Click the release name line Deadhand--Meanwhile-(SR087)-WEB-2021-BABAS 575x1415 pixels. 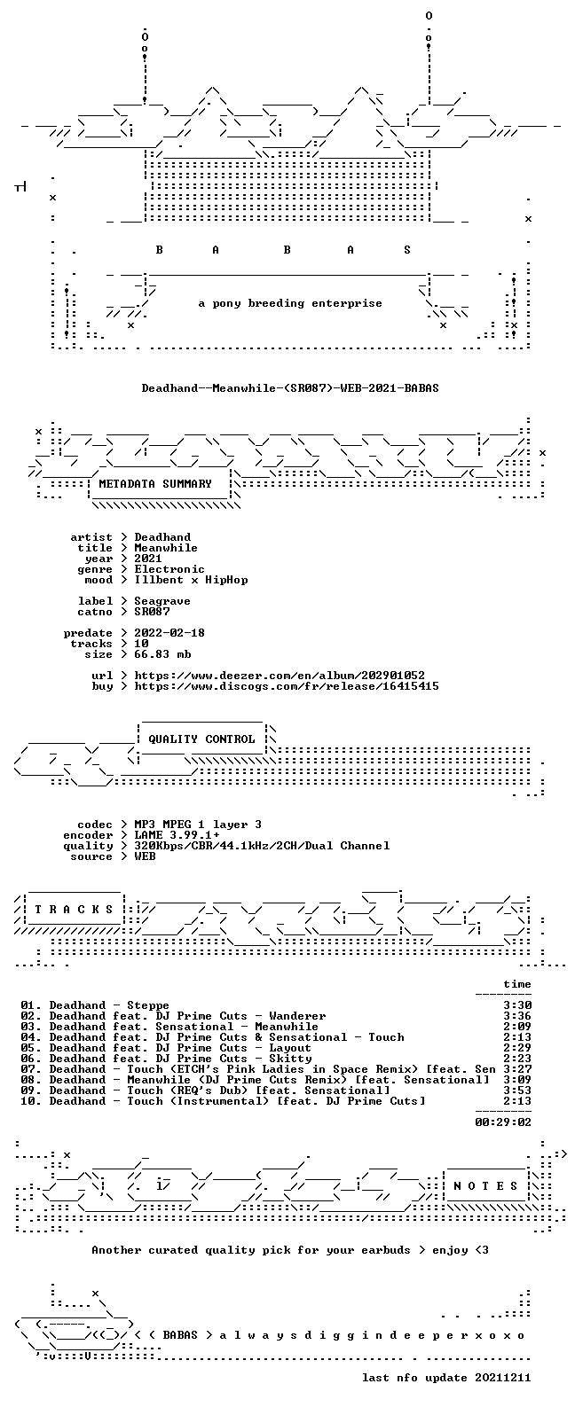point(289,387)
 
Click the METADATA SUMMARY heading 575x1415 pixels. point(155,484)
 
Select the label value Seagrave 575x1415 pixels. point(161,601)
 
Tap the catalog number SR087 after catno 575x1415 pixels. point(152,612)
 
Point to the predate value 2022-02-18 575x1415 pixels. point(169,633)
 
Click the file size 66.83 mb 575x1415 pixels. point(161,654)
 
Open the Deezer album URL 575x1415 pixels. point(279,676)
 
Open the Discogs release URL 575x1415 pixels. point(286,686)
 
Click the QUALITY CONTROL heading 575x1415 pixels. point(201,739)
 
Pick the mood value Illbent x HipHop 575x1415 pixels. point(191,580)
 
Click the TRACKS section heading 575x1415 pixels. point(74,909)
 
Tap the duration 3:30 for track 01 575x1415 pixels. point(516,1005)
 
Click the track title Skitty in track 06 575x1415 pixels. point(290,1058)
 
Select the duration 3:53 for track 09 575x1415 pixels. point(516,1091)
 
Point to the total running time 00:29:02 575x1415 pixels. point(503,1122)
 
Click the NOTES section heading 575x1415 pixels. point(485,1186)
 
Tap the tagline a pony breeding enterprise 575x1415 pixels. point(289,303)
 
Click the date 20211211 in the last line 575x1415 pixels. point(503,1378)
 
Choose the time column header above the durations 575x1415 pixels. point(516,984)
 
